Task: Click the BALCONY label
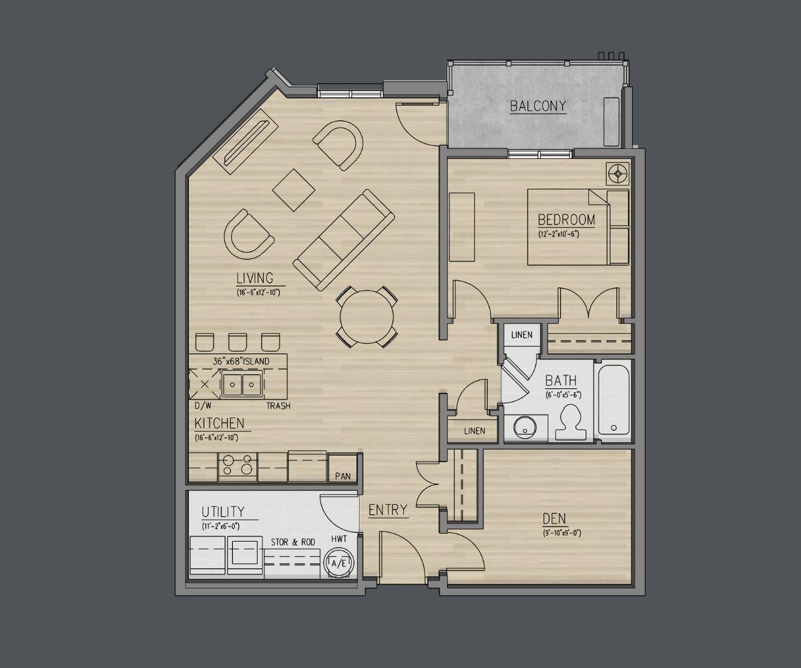(x=538, y=106)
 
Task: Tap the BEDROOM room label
(x=567, y=220)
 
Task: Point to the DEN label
(x=554, y=519)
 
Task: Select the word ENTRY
(x=388, y=510)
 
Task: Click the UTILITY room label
(x=223, y=512)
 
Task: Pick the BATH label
(x=561, y=381)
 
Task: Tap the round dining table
(x=366, y=317)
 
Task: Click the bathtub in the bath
(x=614, y=399)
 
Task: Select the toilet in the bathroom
(x=571, y=422)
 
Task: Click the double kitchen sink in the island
(x=242, y=384)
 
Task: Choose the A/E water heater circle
(x=338, y=564)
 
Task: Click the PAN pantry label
(x=342, y=476)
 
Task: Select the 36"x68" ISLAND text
(x=241, y=361)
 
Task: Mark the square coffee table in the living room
(x=294, y=190)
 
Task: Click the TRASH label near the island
(x=278, y=405)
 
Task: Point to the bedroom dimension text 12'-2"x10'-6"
(x=559, y=234)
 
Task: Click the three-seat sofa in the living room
(x=344, y=240)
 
